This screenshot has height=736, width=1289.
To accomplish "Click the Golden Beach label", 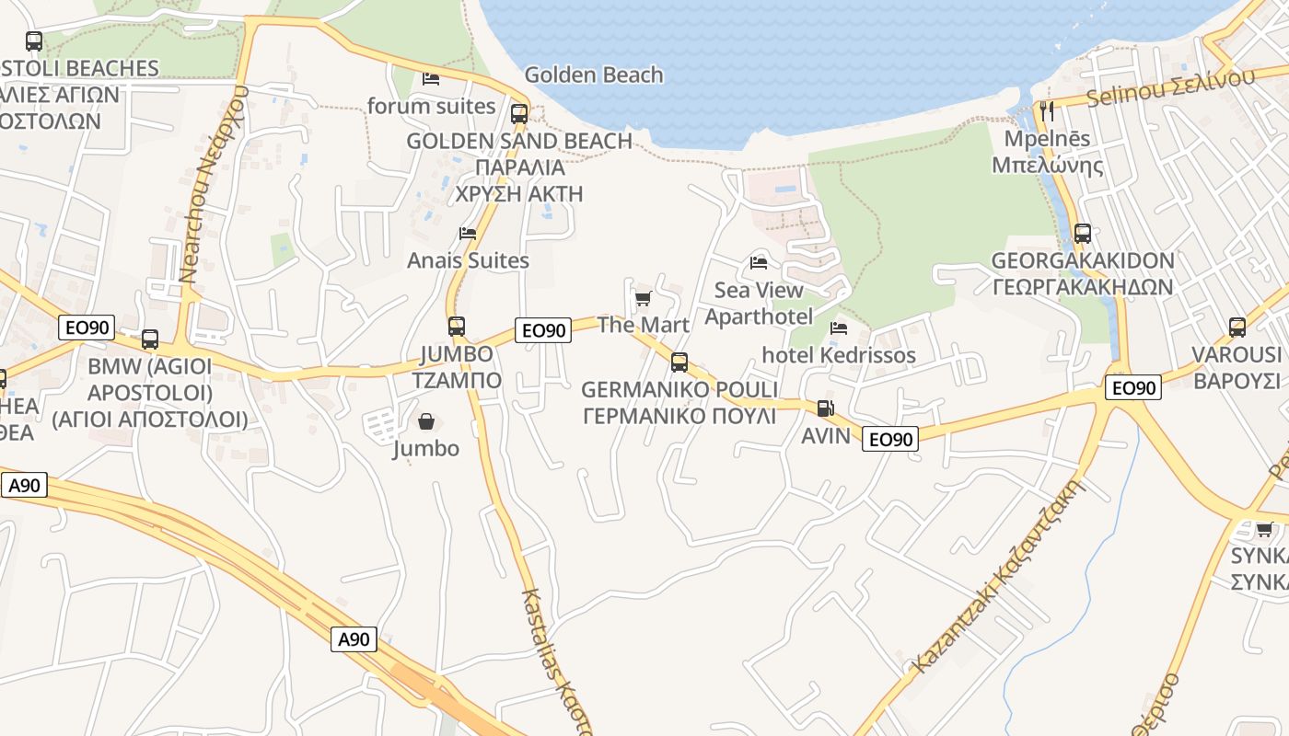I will [593, 75].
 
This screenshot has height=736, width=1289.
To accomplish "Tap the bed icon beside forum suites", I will [430, 78].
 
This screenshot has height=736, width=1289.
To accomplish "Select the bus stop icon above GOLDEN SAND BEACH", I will [519, 114].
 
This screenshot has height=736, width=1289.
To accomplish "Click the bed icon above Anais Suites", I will [468, 234].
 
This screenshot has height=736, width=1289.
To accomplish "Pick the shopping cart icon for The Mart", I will [643, 298].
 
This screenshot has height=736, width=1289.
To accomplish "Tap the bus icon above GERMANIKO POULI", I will [679, 362].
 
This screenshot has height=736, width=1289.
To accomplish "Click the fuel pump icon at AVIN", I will [826, 408].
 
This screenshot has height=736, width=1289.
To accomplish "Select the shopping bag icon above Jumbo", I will [426, 422].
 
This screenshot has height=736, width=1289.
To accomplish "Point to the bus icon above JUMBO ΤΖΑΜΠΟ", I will [456, 326].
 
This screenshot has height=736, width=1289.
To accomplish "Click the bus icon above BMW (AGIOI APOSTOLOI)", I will [150, 339].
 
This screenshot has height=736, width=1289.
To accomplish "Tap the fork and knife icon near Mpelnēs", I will [1046, 111].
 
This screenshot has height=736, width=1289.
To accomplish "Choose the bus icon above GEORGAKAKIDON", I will [1083, 234].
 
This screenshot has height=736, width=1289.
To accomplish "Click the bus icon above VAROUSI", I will [1237, 328].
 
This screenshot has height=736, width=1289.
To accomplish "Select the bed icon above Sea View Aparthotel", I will [759, 263].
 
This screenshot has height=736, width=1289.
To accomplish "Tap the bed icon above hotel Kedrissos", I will [839, 328].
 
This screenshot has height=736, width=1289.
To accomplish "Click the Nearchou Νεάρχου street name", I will [215, 184].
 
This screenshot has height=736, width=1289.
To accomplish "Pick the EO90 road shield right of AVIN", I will [890, 440].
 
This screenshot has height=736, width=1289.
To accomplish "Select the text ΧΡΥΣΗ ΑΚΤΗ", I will [519, 193].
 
